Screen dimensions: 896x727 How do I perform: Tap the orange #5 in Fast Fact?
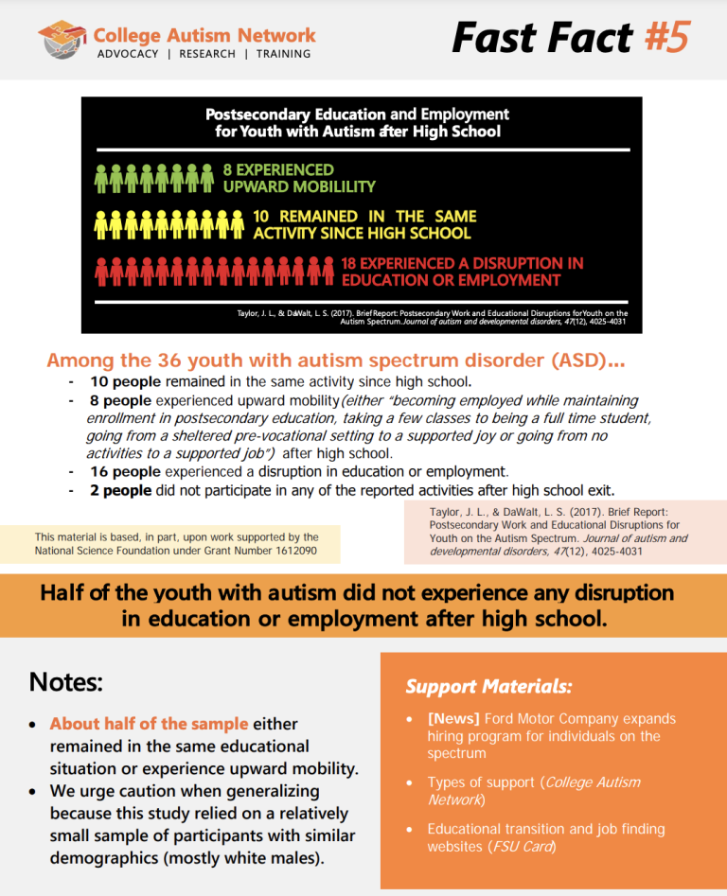point(667,38)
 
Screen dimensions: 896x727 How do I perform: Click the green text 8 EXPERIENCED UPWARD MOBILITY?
point(299,178)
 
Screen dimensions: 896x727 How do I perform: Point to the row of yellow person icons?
point(168,224)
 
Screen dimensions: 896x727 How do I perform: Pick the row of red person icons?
point(214,272)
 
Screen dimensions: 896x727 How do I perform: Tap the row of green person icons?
point(153,178)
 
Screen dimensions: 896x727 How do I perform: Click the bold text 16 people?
point(126,471)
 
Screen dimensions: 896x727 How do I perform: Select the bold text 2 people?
point(121,490)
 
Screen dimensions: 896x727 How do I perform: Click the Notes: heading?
point(65,682)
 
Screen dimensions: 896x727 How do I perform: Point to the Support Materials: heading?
point(488,687)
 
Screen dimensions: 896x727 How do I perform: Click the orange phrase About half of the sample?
point(149,724)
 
